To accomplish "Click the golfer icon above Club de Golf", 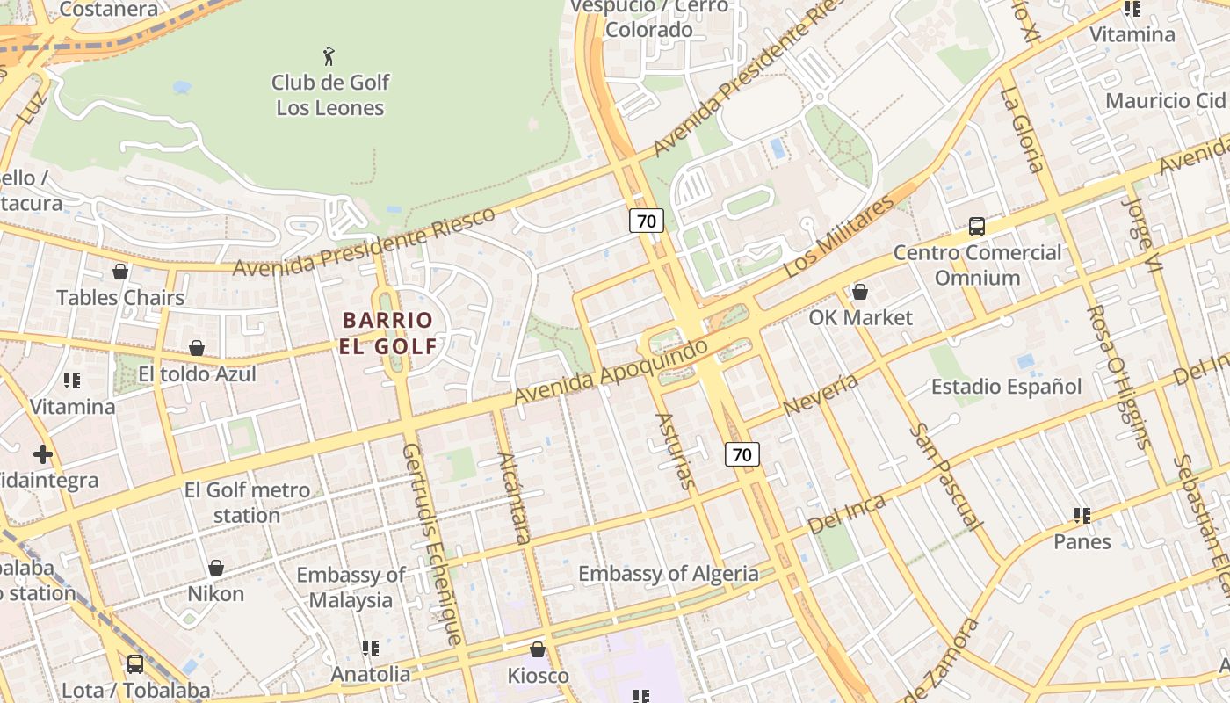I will [329, 56].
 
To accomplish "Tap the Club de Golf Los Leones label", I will [329, 95].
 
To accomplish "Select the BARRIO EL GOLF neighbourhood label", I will [388, 333].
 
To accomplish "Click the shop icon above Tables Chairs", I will [120, 272].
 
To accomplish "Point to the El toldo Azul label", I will [197, 374].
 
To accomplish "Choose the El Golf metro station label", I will [247, 503].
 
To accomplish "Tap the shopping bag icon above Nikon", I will [216, 568].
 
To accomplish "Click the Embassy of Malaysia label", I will [351, 587].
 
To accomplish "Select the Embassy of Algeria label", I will [668, 574].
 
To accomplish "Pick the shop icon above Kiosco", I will [538, 649].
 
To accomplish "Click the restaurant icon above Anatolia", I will [371, 649].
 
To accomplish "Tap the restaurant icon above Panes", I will [1082, 516].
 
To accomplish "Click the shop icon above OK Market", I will [860, 292].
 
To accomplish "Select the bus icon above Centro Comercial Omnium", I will [977, 227].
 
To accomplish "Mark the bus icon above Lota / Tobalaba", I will [135, 664].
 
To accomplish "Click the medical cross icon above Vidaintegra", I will [43, 454].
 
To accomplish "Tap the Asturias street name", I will [676, 451].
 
